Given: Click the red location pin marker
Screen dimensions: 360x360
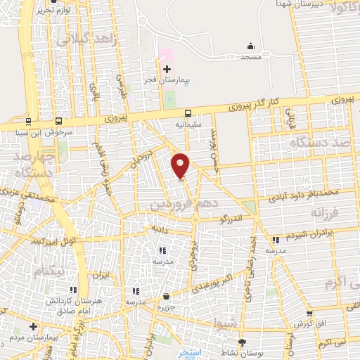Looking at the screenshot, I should pyautogui.click(x=181, y=165).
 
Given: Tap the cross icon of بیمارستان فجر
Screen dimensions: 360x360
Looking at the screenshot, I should pyautogui.click(x=167, y=69).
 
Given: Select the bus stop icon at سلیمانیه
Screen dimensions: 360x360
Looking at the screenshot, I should pyautogui.click(x=188, y=112).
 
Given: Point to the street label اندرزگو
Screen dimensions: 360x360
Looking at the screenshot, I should pyautogui.click(x=233, y=220).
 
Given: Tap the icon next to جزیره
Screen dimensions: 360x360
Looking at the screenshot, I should pyautogui.click(x=166, y=296).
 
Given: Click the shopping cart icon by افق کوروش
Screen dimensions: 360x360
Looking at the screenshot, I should pyautogui.click(x=309, y=314).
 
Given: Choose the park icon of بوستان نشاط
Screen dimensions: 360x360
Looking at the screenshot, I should pyautogui.click(x=243, y=342).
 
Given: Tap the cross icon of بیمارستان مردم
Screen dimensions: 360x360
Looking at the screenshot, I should pyautogui.click(x=33, y=327).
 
